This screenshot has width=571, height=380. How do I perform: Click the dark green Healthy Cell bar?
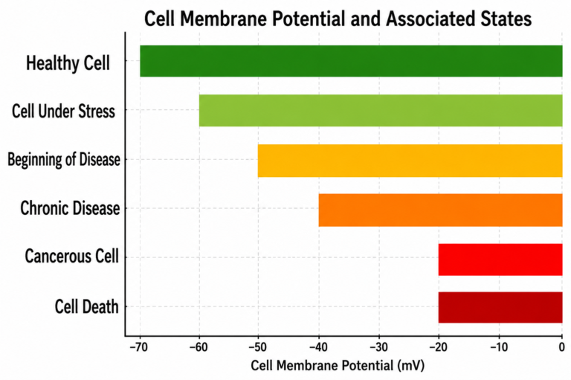coord(351,61)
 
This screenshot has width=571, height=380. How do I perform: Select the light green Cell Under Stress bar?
coord(381,110)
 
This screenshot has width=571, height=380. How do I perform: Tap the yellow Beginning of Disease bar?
coord(410,161)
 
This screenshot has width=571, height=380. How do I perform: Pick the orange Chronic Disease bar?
coord(440,210)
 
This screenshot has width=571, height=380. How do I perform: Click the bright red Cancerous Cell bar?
coord(500,260)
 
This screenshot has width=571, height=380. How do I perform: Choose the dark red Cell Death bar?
coord(500,307)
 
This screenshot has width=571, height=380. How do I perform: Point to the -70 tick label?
coord(138,347)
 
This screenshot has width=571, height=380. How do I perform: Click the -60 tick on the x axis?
coord(199,347)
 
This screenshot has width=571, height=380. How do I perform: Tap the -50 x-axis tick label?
coord(258,347)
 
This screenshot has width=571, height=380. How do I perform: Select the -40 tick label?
coord(318,347)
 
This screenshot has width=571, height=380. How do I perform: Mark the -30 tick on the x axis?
coord(378,347)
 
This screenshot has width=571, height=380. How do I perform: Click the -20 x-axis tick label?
coord(438,347)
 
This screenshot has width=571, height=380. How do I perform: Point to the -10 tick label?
coord(499,347)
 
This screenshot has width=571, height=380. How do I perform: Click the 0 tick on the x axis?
coord(562,347)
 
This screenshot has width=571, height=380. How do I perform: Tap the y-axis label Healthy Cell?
coord(68,62)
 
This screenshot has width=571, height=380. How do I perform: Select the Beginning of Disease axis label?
coord(64,160)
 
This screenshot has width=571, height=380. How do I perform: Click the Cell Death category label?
coord(87,306)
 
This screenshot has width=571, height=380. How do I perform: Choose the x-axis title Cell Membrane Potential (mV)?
coord(338,365)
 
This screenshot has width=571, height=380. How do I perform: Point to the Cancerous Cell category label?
coord(71,256)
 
